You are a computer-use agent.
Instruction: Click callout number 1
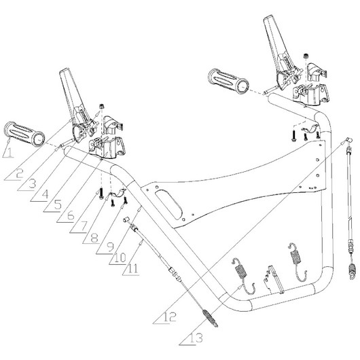click(x=10, y=152)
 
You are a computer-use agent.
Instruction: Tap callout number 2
click(x=20, y=173)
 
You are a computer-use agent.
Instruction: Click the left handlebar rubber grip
click(x=25, y=134)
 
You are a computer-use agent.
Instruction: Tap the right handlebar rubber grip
click(x=228, y=82)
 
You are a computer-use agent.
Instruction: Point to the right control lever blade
click(x=275, y=37)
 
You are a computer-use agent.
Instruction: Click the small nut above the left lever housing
click(x=101, y=107)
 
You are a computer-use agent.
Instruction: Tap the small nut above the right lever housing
click(x=306, y=56)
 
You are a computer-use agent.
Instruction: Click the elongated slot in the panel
click(x=168, y=203)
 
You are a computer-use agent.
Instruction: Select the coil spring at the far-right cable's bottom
click(x=352, y=272)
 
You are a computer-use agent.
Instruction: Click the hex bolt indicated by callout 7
click(x=101, y=194)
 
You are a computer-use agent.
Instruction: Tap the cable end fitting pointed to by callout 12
click(x=348, y=139)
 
